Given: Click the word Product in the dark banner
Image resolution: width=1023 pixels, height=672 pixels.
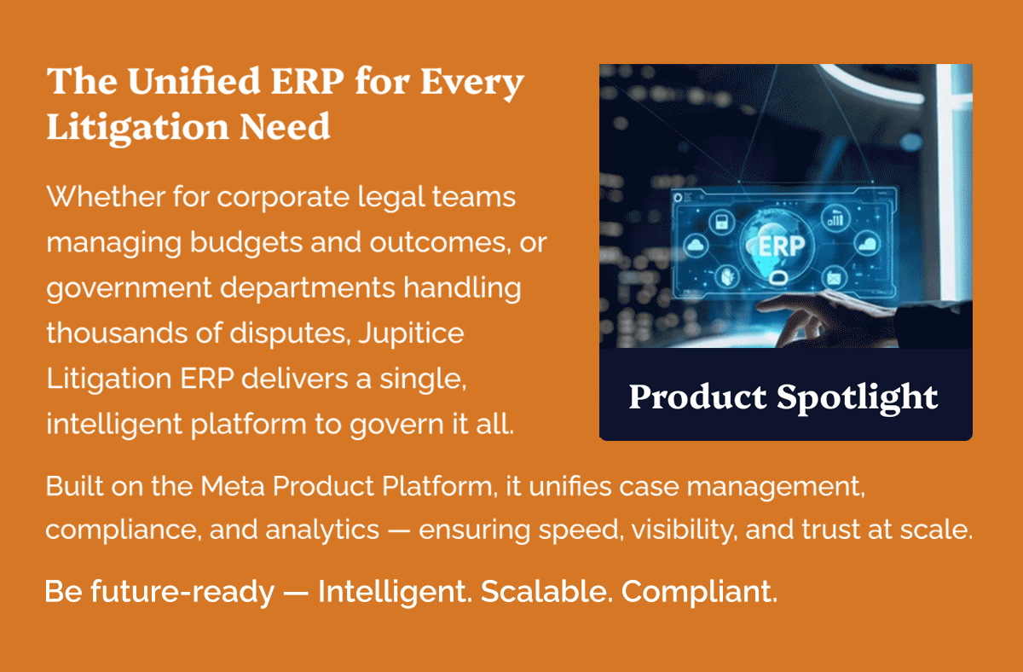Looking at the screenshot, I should (x=696, y=397).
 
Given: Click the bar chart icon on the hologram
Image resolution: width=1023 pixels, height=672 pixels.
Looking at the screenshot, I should (x=833, y=220).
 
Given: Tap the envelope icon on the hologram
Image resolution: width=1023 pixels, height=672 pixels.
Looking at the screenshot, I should (x=834, y=278).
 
